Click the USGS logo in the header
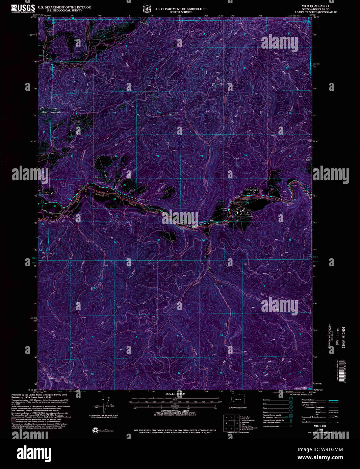tap(23, 8)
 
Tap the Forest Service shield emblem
tap(146, 8)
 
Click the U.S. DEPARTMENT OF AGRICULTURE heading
tap(181, 9)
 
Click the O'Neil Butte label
tap(307, 158)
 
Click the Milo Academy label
tap(250, 215)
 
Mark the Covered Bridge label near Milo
tap(224, 210)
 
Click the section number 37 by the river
tap(114, 199)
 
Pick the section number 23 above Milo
tap(246, 156)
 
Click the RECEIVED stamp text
tap(343, 337)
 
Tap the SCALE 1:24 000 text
tap(175, 394)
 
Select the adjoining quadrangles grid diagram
tap(231, 422)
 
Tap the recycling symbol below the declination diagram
tap(95, 430)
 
